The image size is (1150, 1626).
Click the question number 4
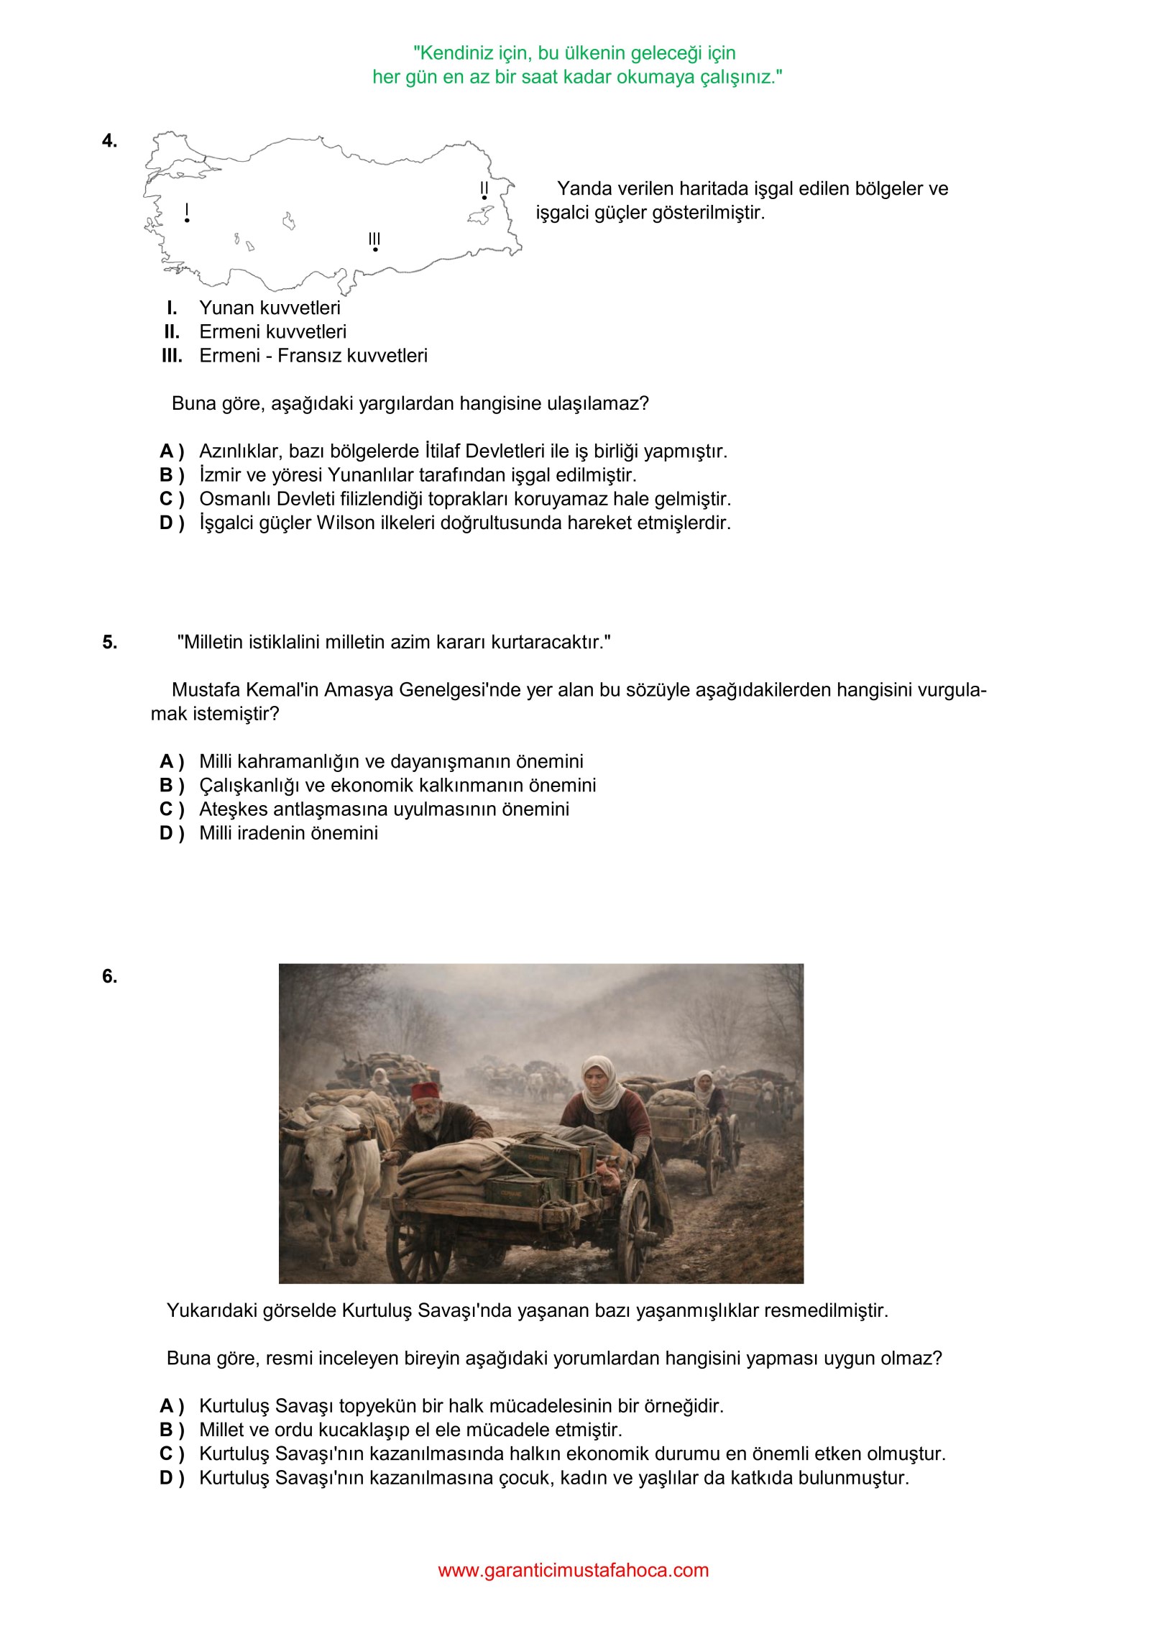coord(109,141)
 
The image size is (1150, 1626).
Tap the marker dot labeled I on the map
coord(187,220)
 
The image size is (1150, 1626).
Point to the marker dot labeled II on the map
coord(484,198)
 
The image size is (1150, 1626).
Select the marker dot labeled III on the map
coord(375,249)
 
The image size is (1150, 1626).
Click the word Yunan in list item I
coord(224,308)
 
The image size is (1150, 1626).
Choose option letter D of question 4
coord(167,523)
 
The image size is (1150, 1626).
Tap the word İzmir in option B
coord(219,475)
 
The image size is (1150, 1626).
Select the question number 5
coord(109,642)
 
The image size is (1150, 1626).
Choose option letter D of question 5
coord(167,833)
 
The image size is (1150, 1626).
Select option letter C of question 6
coord(167,1453)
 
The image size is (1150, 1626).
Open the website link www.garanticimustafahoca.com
coord(573,1570)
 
